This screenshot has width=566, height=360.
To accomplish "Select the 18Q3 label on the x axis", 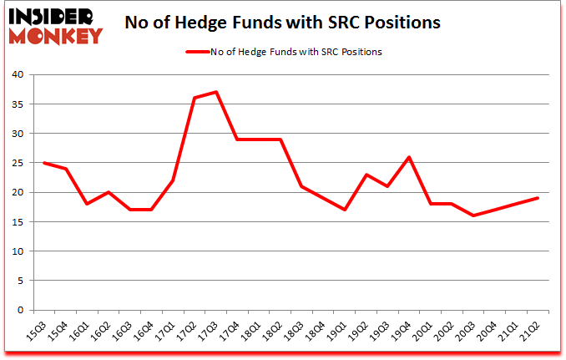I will pyautogui.click(x=298, y=330).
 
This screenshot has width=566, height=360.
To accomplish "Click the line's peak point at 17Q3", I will pyautogui.click(x=215, y=92).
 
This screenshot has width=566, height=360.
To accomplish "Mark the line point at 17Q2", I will pyautogui.click(x=194, y=98).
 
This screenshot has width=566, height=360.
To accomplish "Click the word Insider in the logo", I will pyautogui.click(x=51, y=16).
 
